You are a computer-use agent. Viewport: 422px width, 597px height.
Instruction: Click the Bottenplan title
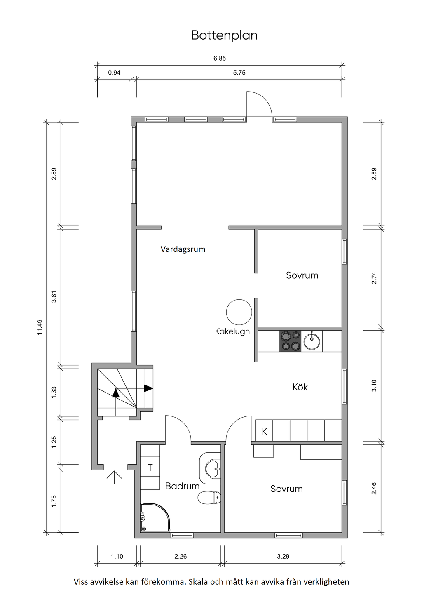click(x=224, y=35)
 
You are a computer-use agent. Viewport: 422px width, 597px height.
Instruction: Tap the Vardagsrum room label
click(x=183, y=249)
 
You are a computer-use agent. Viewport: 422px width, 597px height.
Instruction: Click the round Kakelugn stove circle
click(x=239, y=312)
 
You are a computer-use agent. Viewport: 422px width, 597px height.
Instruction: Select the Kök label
click(x=300, y=387)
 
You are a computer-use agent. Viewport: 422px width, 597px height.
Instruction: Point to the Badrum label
click(x=182, y=486)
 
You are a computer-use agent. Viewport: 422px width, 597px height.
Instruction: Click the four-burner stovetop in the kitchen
click(x=290, y=341)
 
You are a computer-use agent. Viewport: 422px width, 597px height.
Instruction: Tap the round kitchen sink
click(x=312, y=341)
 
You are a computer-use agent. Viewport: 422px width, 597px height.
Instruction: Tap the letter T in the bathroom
click(x=150, y=468)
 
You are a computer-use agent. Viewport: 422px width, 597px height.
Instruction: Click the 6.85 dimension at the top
click(x=220, y=59)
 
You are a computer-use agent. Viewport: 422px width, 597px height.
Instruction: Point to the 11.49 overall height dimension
click(x=40, y=327)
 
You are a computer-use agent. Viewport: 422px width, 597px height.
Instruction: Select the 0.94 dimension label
click(x=114, y=73)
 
